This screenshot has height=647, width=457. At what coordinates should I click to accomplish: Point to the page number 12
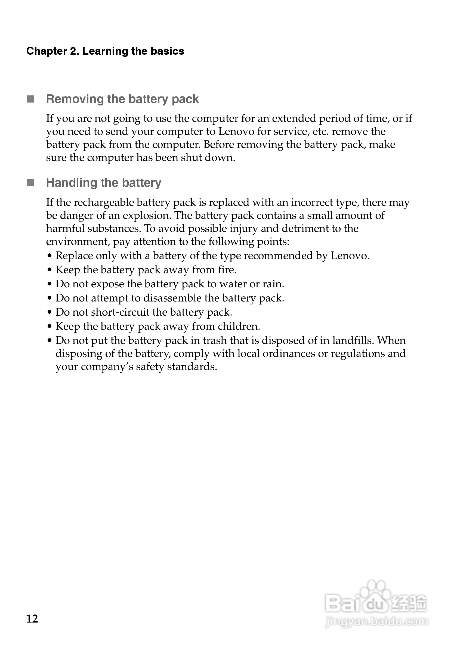pos(32,619)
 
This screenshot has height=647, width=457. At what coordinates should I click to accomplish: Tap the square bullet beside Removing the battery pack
pos(31,99)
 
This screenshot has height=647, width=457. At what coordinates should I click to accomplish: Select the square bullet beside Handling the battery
pos(31,183)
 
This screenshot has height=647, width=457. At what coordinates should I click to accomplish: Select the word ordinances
pos(289,354)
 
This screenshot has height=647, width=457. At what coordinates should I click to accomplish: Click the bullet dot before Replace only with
pos(50,256)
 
